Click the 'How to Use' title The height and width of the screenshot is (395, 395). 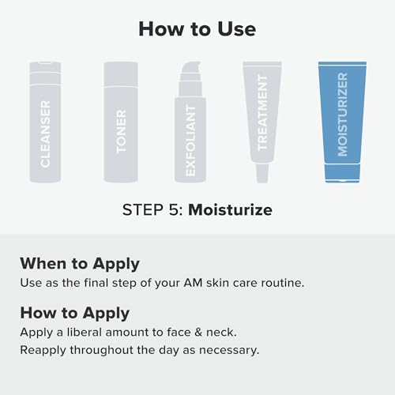tap(197, 29)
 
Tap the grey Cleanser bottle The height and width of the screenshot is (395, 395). tap(45, 122)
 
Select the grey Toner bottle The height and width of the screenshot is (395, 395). tap(121, 122)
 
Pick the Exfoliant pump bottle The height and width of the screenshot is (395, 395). tap(190, 122)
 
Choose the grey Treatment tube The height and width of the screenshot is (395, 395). tap(262, 122)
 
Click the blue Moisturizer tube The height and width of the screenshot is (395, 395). tap(342, 122)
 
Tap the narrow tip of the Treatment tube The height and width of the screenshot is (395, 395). tap(262, 173)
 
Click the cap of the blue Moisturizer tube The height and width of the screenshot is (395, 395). tap(342, 173)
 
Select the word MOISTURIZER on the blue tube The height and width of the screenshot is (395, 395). tap(343, 115)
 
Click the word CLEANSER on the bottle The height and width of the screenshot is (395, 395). tap(45, 134)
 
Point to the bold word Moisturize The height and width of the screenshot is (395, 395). tap(230, 210)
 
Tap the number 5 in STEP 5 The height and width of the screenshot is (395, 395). tap(174, 210)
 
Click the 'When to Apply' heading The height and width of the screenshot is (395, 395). tap(80, 264)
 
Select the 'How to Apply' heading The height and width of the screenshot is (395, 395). tap(75, 314)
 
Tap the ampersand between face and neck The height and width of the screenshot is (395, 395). tap(198, 333)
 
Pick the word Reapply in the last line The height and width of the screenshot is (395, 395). tap(43, 351)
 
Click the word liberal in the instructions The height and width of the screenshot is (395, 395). tap(85, 333)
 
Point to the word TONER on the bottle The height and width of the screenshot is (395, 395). tap(121, 131)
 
